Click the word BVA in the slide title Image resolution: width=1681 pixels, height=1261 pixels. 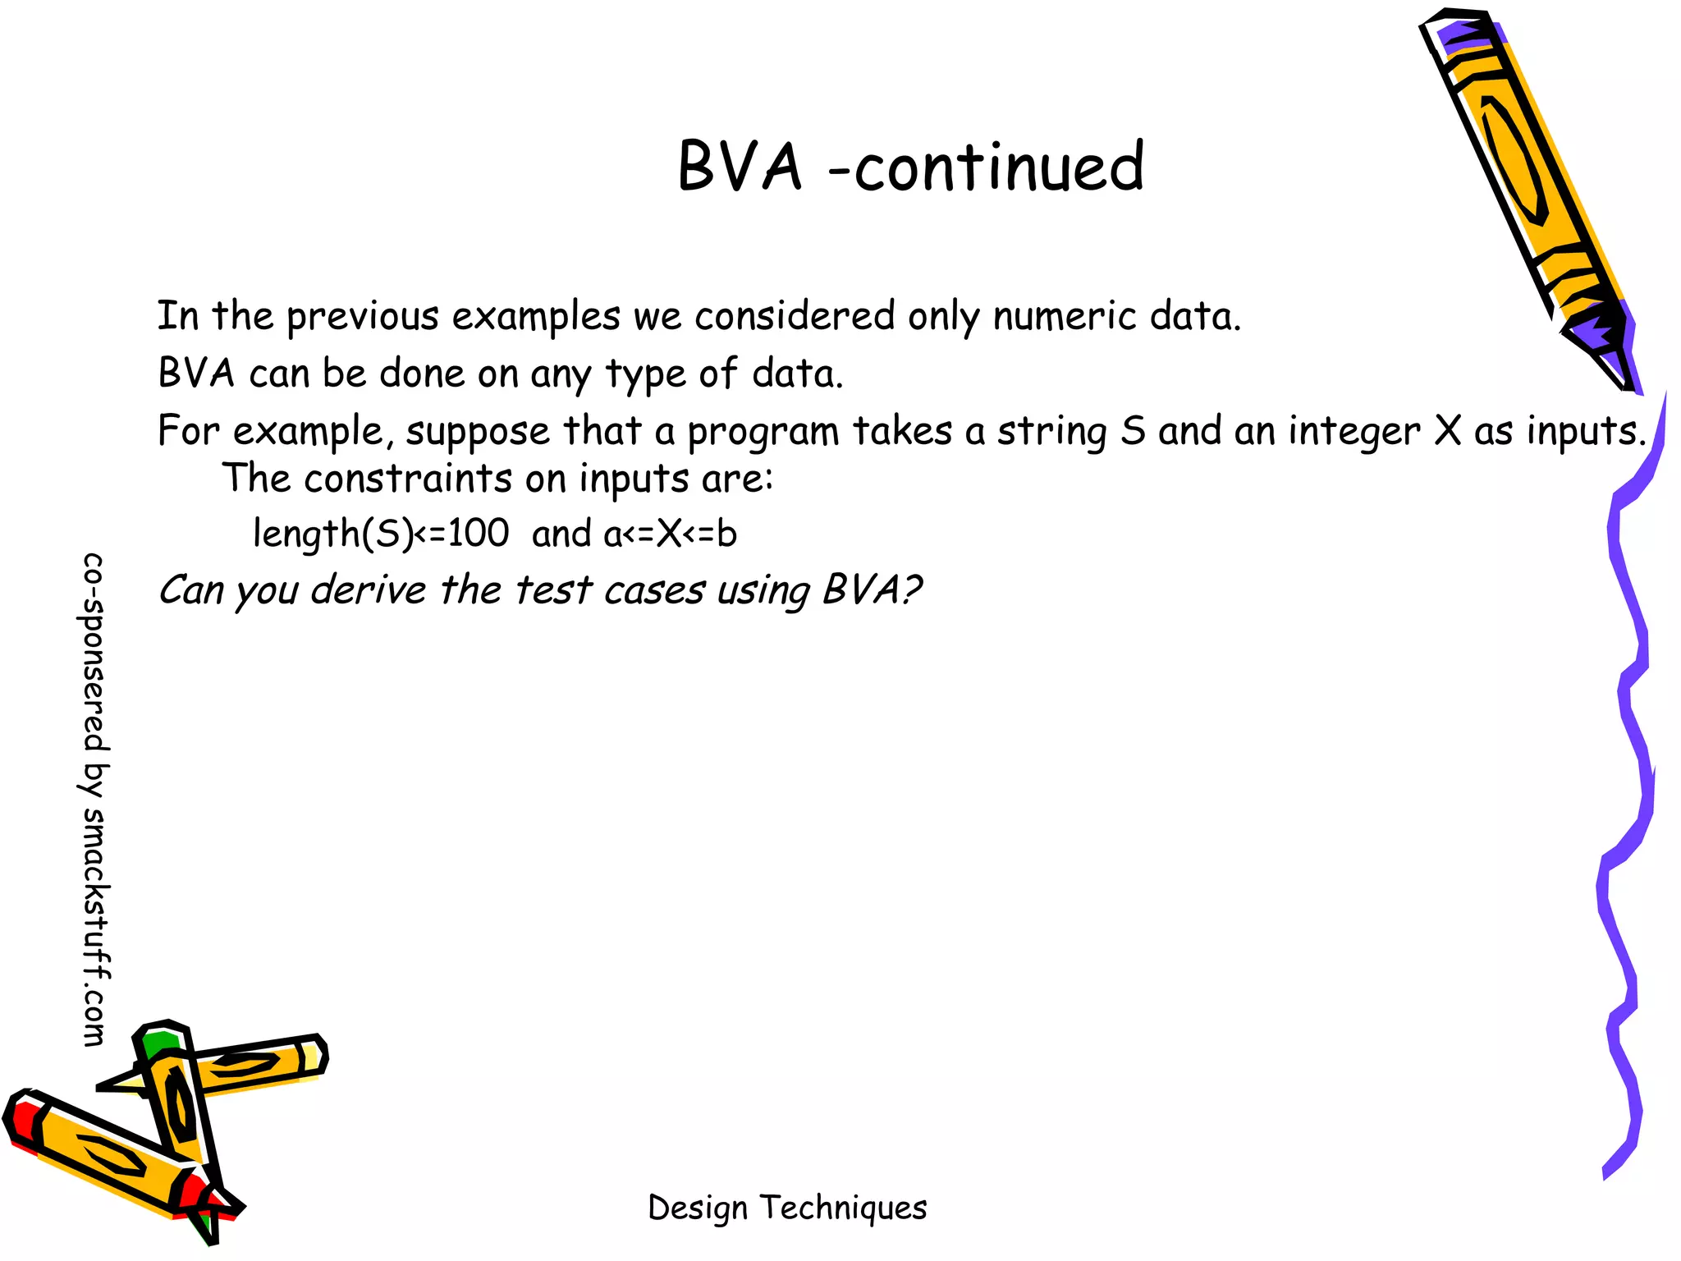tap(739, 167)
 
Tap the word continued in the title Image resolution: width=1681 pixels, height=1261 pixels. tap(999, 167)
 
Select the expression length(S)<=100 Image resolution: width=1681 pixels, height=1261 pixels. tap(381, 534)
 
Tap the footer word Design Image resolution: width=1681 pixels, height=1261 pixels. tap(698, 1208)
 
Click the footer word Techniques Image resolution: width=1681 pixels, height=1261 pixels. tap(843, 1208)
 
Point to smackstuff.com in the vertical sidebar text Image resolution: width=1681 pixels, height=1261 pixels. tap(95, 928)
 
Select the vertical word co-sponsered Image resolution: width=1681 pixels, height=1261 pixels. tap(95, 653)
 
